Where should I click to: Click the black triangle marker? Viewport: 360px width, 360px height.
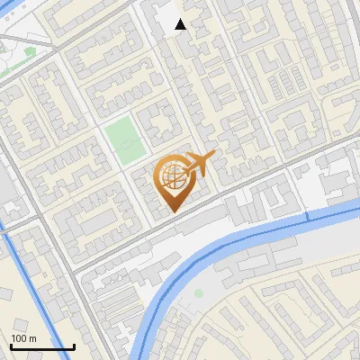181,24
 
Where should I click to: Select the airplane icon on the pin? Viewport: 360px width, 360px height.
199,163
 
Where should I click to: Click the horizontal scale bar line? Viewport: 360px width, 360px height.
42,347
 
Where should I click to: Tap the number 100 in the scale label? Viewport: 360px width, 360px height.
19,338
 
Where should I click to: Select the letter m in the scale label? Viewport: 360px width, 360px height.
31,339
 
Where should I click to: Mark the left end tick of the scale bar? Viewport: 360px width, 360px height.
11,346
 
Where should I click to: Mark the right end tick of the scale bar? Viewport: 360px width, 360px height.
74,346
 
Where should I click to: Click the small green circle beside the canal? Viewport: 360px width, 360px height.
198,292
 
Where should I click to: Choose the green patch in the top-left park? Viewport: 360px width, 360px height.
30,51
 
